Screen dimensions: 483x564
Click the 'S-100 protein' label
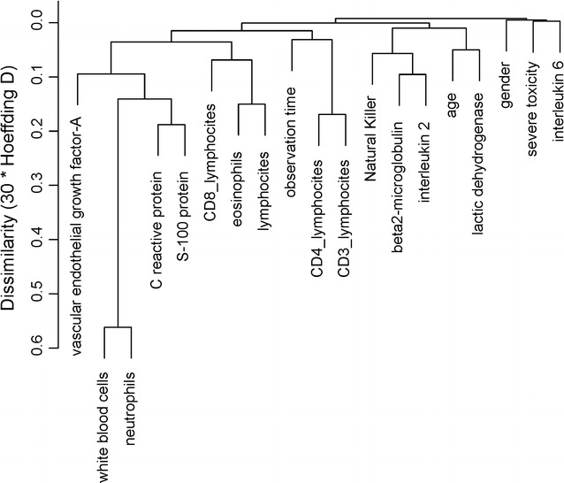184,211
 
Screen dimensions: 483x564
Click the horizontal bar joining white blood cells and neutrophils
118,327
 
